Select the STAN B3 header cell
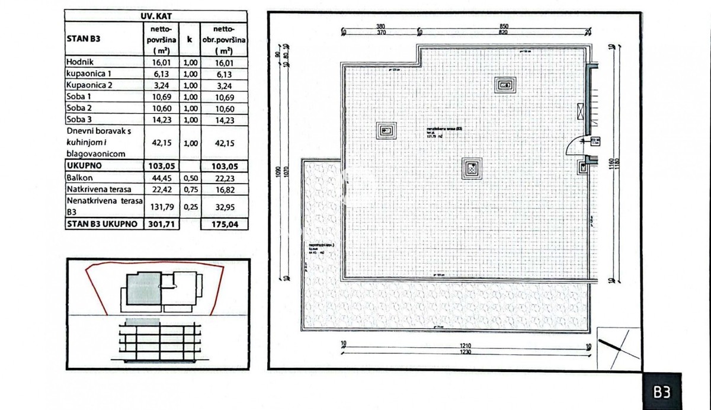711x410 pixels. tap(84, 40)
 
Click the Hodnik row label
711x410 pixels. tap(81, 62)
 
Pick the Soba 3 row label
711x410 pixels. tap(80, 120)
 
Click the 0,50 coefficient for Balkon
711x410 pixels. tap(190, 177)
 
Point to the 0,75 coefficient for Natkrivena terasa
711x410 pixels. tap(190, 189)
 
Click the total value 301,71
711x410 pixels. tap(161, 224)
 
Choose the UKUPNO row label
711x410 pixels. tap(86, 166)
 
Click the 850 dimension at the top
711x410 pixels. tap(504, 26)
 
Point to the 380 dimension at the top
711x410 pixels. tap(381, 26)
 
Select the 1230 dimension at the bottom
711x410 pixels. tap(466, 351)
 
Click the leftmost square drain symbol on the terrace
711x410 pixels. tap(387, 130)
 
